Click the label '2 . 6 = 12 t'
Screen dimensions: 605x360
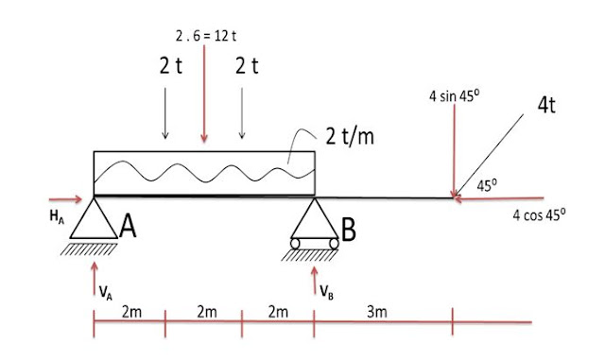(x=206, y=36)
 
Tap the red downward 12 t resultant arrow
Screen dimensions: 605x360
(x=204, y=94)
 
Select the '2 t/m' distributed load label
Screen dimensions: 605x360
(x=350, y=136)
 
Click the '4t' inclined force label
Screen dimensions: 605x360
(x=546, y=104)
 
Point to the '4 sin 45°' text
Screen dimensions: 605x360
(x=454, y=96)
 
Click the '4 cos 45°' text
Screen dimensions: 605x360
(x=539, y=214)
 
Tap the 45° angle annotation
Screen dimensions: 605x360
(x=487, y=185)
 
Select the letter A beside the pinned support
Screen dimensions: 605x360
(x=128, y=227)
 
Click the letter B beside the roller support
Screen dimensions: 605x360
(x=349, y=230)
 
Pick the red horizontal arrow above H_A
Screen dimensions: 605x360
(x=65, y=199)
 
